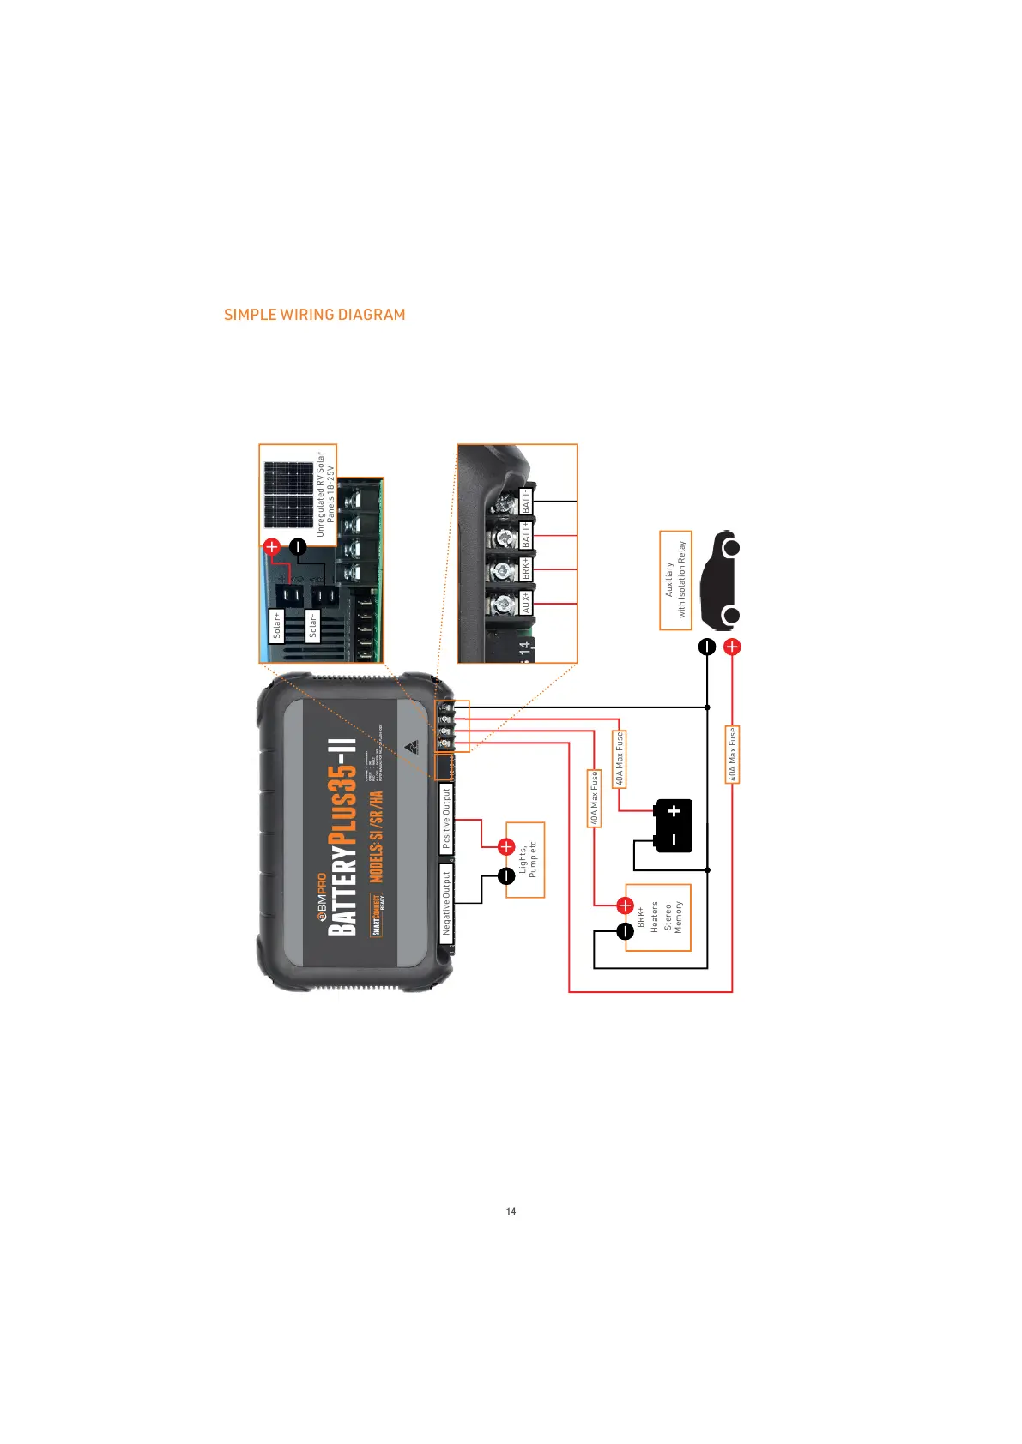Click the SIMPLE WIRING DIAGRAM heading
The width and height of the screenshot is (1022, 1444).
[x=314, y=315]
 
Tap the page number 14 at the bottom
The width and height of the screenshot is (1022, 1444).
[x=511, y=1212]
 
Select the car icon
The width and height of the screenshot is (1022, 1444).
[x=718, y=581]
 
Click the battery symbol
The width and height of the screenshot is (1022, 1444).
[x=673, y=826]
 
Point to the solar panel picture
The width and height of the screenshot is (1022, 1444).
[x=288, y=495]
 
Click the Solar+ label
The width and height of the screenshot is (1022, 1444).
[x=276, y=624]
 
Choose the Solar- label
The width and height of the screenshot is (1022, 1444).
[x=313, y=624]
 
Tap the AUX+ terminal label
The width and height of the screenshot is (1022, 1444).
[x=526, y=602]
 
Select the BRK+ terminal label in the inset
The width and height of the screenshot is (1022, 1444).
[x=526, y=569]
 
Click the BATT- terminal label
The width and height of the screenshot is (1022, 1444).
[x=526, y=502]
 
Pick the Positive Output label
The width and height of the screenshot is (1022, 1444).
[x=446, y=819]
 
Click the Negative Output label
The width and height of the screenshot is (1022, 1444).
[x=446, y=903]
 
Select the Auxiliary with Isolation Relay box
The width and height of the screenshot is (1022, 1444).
[x=675, y=580]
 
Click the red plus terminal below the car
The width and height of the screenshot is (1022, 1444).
[x=732, y=647]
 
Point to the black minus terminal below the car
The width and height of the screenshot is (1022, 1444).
[x=707, y=647]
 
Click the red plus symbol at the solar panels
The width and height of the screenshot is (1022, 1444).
[x=272, y=546]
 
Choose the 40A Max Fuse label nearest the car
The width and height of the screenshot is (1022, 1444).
[x=733, y=755]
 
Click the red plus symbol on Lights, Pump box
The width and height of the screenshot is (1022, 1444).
[x=506, y=847]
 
